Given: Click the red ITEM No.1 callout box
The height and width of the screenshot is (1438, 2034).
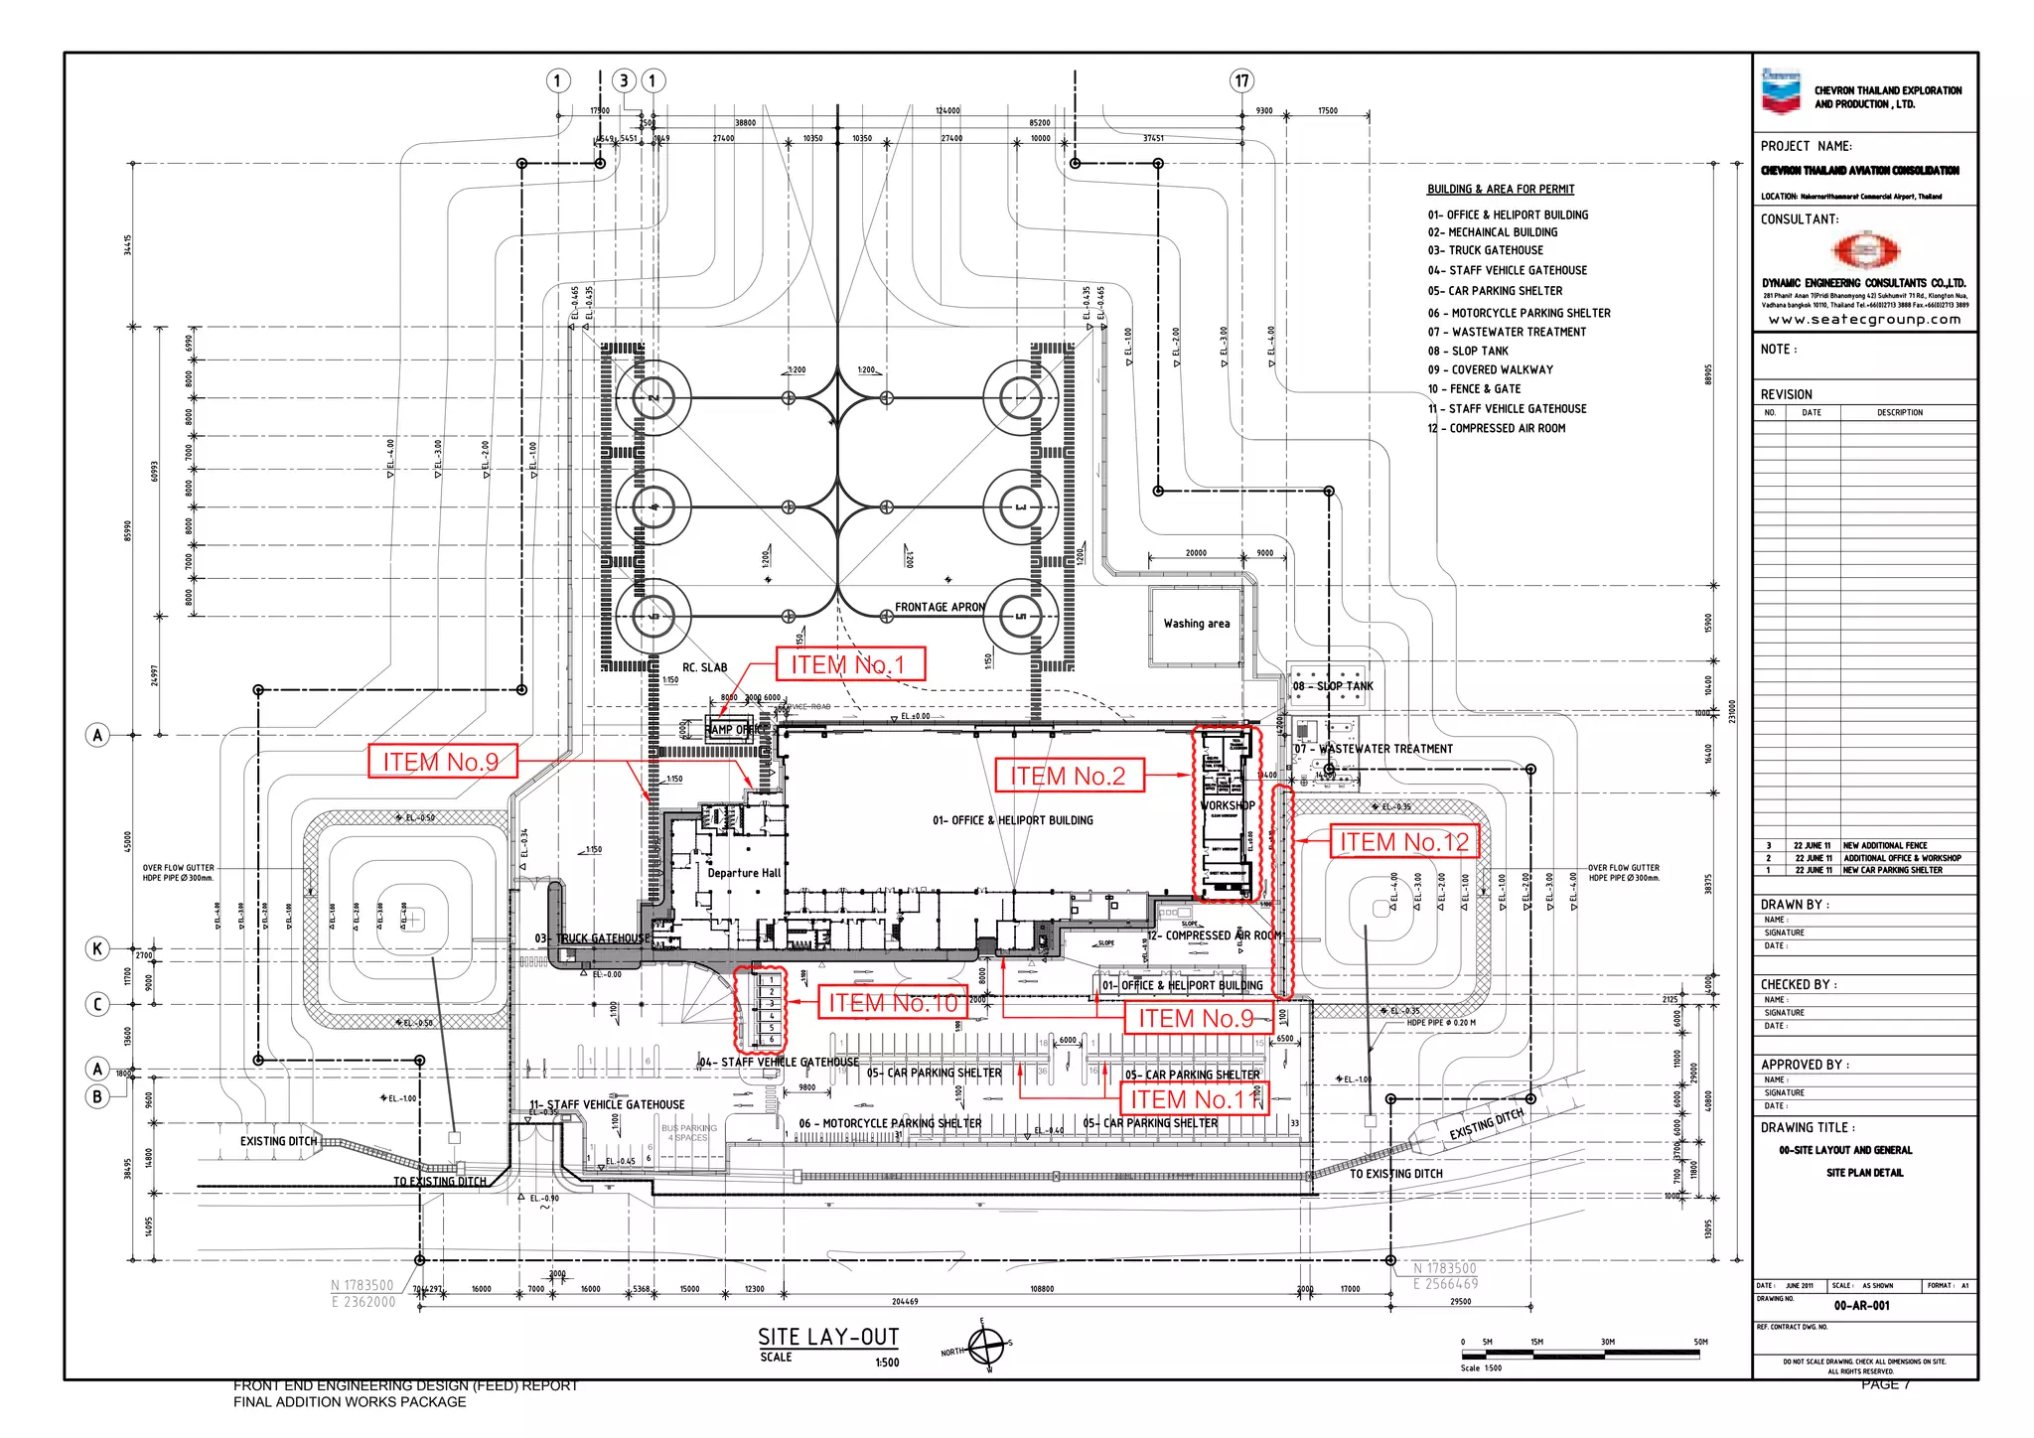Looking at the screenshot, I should pyautogui.click(x=850, y=664).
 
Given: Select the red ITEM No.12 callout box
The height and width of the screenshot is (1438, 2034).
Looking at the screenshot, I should pyautogui.click(x=1403, y=842).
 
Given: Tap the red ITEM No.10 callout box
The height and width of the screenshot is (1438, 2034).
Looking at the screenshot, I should pyautogui.click(x=892, y=1003).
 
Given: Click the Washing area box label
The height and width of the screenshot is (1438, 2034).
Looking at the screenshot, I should pyautogui.click(x=1196, y=624).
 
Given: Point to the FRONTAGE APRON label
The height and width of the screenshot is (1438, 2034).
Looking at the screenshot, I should pyautogui.click(x=939, y=607).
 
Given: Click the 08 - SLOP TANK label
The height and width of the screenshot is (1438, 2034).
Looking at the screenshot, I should pyautogui.click(x=1333, y=686).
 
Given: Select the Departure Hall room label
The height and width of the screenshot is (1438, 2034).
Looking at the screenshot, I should pyautogui.click(x=744, y=873).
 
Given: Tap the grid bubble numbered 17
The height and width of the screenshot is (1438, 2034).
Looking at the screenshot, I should pyautogui.click(x=1241, y=80).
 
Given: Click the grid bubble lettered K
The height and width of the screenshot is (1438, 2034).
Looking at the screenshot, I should pyautogui.click(x=97, y=948).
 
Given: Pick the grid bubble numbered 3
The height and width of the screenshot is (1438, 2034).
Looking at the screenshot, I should pyautogui.click(x=624, y=80).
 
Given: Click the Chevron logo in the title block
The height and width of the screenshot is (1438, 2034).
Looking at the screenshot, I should pyautogui.click(x=1781, y=91).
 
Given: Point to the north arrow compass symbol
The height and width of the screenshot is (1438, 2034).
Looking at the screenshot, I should pyautogui.click(x=987, y=1348).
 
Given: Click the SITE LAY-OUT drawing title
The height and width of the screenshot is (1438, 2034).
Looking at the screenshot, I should pyautogui.click(x=828, y=1337).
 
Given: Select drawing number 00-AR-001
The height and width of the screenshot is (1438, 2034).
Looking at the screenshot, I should pyautogui.click(x=1861, y=1306).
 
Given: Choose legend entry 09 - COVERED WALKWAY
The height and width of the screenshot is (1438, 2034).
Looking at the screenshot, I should pyautogui.click(x=1490, y=369).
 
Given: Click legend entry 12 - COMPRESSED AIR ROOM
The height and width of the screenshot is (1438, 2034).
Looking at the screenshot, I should pyautogui.click(x=1496, y=428).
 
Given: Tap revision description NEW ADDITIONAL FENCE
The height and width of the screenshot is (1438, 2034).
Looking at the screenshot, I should pyautogui.click(x=1884, y=845).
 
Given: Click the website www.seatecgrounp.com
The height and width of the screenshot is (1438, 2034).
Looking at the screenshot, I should pyautogui.click(x=1864, y=320).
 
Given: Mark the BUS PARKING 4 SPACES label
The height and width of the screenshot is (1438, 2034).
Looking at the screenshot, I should pyautogui.click(x=689, y=1133).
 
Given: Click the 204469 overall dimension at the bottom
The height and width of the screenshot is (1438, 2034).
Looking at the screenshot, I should pyautogui.click(x=904, y=1301).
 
